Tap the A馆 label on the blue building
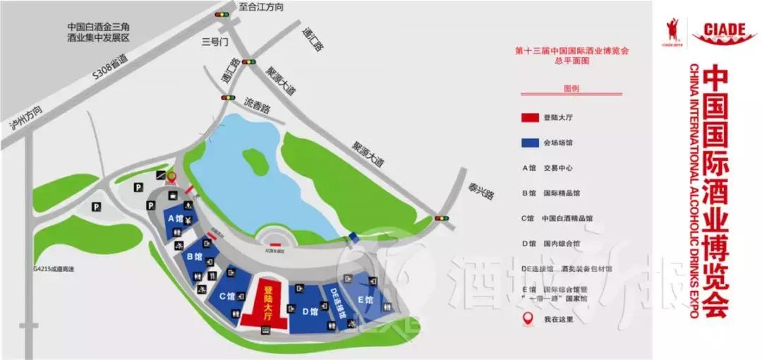[175, 218]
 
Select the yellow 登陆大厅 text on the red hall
[267, 304]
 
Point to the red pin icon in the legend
[526, 320]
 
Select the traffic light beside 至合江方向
[223, 13]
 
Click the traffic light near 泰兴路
[443, 218]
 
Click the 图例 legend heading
[570, 90]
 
